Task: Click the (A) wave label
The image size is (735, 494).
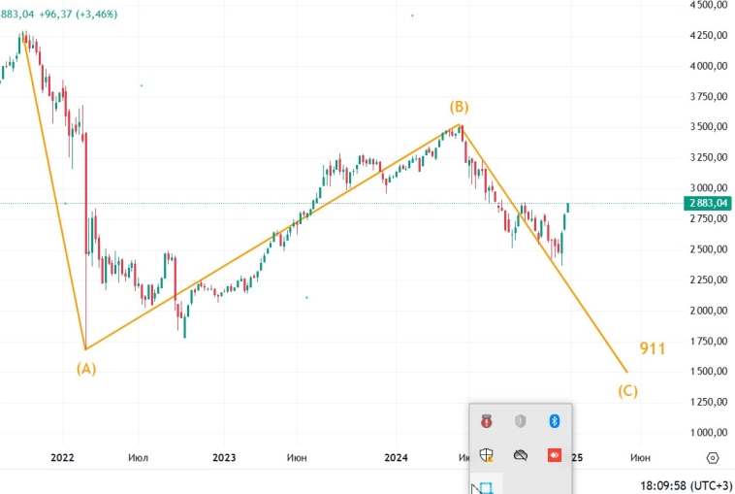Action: [x=86, y=368]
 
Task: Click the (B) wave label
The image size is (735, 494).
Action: [x=459, y=106]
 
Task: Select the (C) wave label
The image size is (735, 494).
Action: [x=628, y=391]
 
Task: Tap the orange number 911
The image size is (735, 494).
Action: [x=652, y=348]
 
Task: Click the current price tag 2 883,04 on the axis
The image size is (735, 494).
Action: [x=707, y=203]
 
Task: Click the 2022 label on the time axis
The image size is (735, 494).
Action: [x=62, y=457]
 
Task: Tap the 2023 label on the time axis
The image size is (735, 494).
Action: [x=224, y=457]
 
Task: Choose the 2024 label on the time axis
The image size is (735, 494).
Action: [x=395, y=457]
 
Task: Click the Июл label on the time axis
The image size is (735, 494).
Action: [x=139, y=457]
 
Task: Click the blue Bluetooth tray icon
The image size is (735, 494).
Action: [x=555, y=420]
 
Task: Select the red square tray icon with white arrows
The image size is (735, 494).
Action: [x=555, y=454]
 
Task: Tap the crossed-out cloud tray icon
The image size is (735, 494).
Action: [x=521, y=454]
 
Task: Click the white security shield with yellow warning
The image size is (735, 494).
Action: [x=487, y=454]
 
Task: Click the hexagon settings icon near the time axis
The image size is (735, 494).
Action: [x=713, y=457]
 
